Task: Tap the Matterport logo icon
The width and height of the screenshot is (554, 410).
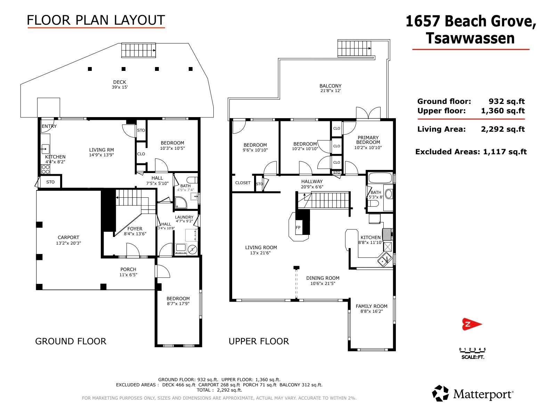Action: pos(440,393)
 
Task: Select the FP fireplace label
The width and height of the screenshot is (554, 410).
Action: pos(298,228)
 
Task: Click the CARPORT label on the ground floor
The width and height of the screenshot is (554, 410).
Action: pos(68,237)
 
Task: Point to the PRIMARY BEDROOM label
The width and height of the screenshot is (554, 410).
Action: pos(368,140)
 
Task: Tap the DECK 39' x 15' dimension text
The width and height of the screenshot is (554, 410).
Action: pos(120,87)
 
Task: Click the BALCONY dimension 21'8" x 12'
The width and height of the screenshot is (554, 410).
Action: pos(331,91)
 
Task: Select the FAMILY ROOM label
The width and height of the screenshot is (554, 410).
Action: pos(372,306)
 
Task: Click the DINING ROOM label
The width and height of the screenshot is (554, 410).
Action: pos(323,278)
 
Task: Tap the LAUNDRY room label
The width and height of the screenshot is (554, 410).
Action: pos(184,217)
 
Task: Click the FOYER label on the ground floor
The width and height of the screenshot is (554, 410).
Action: pos(135,229)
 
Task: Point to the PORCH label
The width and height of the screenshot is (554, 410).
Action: pos(128,269)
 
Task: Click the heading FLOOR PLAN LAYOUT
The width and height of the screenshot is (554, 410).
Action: pos(96,20)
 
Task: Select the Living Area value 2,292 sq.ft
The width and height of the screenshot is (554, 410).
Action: pos(503,129)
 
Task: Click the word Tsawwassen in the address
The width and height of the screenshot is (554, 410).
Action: pos(470,38)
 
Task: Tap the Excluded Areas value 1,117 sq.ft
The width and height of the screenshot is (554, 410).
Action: pos(505,151)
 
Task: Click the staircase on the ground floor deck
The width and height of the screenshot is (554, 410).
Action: pos(139,50)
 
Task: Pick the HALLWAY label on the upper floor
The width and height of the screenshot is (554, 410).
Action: pos(312,181)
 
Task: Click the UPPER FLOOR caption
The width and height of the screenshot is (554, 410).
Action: pos(259,341)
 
